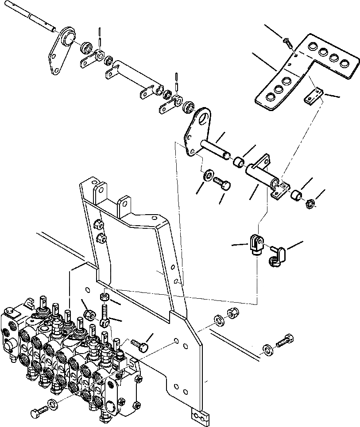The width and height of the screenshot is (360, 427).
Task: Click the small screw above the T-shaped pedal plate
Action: click(x=286, y=42)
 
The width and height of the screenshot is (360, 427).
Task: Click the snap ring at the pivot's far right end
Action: click(x=311, y=204)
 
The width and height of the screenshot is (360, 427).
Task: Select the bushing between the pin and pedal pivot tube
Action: click(x=240, y=161)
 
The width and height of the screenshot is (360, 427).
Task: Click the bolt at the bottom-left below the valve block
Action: click(x=37, y=412)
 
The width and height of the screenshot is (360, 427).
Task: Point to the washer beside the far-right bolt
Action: click(x=267, y=349)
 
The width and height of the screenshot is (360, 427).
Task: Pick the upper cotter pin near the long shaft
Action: click(x=101, y=34)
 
